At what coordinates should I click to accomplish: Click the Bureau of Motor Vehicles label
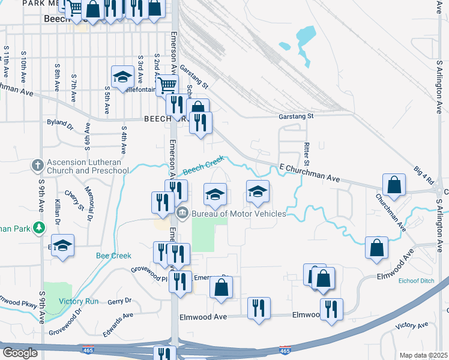pyautogui.click(x=238, y=214)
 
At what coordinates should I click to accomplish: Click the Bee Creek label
pyautogui.click(x=113, y=256)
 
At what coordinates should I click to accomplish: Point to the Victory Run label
pyautogui.click(x=79, y=301)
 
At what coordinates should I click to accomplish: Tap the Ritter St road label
pyautogui.click(x=306, y=155)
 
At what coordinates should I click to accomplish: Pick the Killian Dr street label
pyautogui.click(x=58, y=211)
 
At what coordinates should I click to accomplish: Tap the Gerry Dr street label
pyautogui.click(x=119, y=301)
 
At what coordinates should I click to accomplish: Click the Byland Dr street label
pyautogui.click(x=59, y=123)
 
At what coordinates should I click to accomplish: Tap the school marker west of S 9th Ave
pyautogui.click(x=62, y=245)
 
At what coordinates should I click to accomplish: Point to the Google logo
pyautogui.click(x=20, y=353)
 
